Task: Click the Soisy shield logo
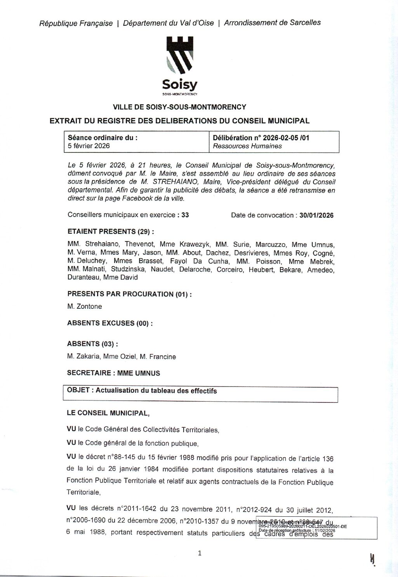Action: coord(179,55)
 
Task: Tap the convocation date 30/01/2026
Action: coord(316,215)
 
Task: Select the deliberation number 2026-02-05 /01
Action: coord(286,138)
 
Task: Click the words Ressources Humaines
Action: coord(247,146)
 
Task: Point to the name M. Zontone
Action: coord(85,306)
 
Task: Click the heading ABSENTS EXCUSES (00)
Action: coord(109,323)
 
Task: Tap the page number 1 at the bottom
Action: coord(200,553)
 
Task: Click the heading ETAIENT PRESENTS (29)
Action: coord(111,232)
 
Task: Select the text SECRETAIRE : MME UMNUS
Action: coord(113,373)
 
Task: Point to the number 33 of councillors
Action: coord(185,215)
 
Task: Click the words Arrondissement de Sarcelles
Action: coord(272,23)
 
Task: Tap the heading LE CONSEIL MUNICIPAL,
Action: coord(108,413)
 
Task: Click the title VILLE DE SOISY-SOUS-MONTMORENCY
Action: coord(179,107)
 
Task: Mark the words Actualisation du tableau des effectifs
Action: coord(156,391)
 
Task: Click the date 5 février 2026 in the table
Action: coord(89,146)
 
